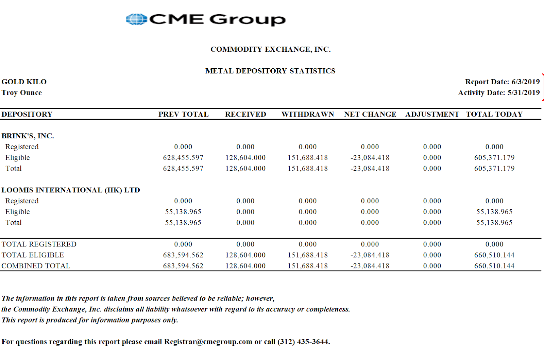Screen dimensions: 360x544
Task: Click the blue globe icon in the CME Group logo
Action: [136, 19]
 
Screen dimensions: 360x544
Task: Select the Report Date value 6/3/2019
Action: [525, 82]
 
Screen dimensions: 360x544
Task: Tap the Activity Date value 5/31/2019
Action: [523, 93]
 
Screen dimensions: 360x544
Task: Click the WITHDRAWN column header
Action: [308, 114]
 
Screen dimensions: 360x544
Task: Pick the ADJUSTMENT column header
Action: [432, 114]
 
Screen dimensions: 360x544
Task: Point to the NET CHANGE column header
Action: [370, 114]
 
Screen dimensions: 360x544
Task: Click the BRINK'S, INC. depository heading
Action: [28, 136]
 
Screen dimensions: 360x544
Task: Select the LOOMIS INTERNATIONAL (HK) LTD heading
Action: [71, 190]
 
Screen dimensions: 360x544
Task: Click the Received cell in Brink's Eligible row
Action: [245, 158]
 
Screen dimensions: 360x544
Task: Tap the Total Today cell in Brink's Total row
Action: [494, 169]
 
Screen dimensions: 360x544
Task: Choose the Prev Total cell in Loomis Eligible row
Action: [183, 212]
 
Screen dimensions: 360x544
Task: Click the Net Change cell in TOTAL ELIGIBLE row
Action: [370, 255]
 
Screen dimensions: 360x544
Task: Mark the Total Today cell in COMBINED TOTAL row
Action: [494, 266]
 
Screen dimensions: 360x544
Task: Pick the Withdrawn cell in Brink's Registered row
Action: [307, 147]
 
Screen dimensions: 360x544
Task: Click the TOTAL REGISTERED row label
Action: [39, 244]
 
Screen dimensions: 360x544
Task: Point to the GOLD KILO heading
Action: [24, 82]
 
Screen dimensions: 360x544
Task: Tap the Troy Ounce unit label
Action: [22, 93]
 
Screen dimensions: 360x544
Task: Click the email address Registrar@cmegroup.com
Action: [208, 342]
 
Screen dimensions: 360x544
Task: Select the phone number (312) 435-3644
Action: [303, 342]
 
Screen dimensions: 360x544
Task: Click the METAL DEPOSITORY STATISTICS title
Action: [270, 71]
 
